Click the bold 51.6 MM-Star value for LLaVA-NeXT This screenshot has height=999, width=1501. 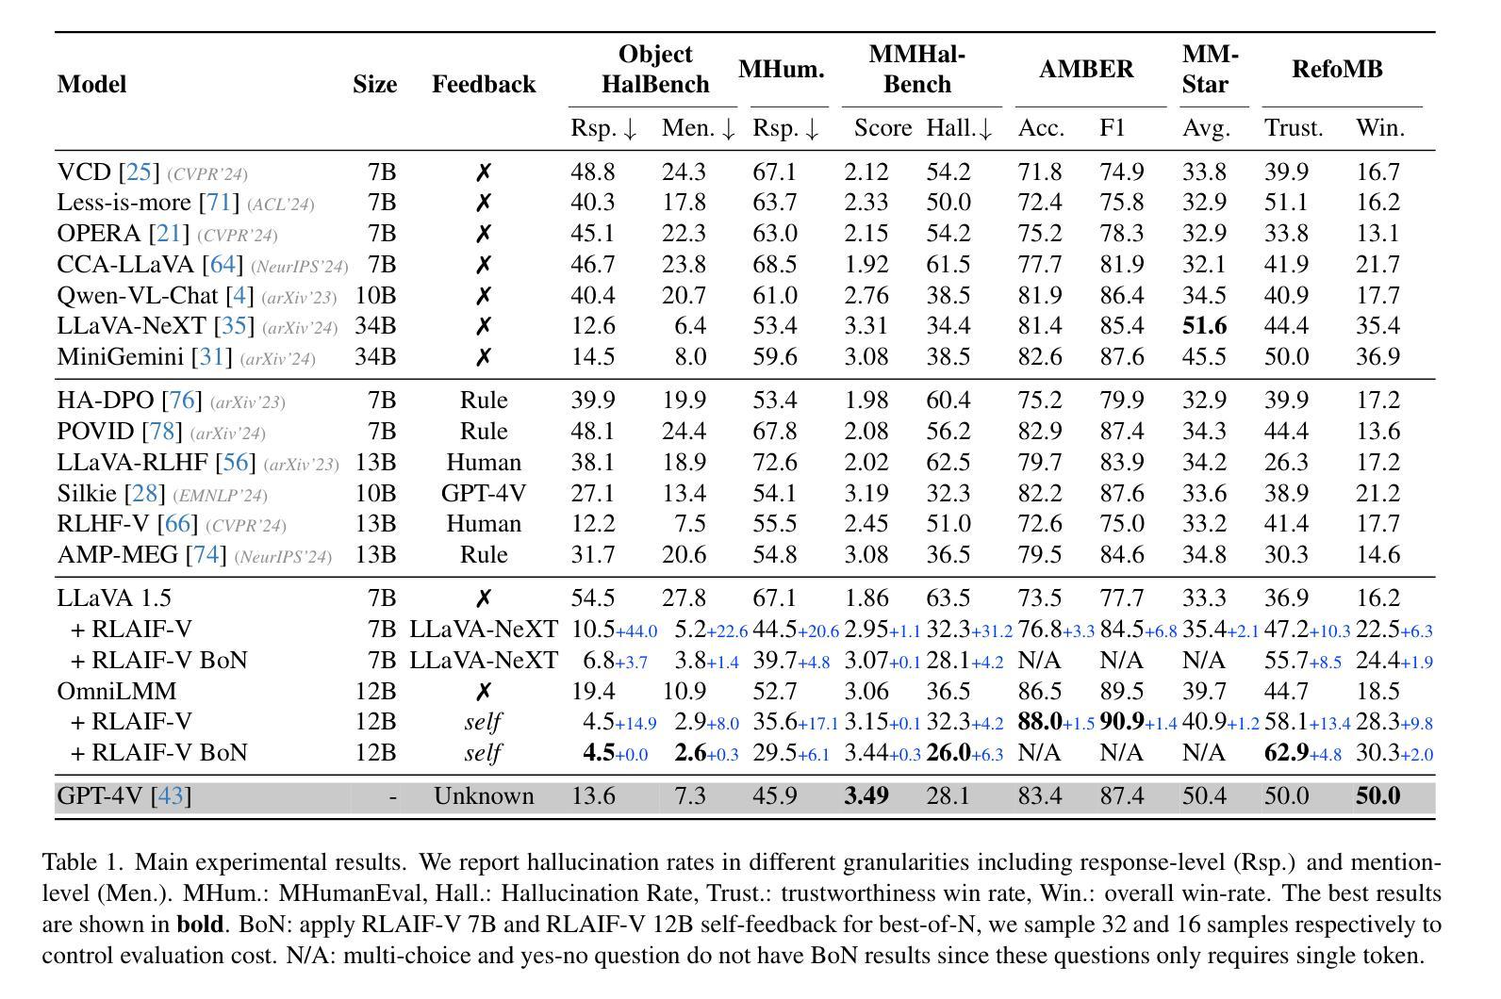tap(1204, 326)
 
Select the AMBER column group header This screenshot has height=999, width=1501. tap(1086, 69)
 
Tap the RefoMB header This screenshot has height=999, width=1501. tap(1337, 69)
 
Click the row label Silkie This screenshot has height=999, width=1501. tap(87, 494)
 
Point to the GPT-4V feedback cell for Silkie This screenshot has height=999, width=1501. tap(483, 494)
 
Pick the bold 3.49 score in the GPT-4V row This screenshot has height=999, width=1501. tap(866, 796)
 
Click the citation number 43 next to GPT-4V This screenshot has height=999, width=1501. tap(171, 796)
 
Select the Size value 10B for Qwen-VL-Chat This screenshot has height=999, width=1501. tap(374, 296)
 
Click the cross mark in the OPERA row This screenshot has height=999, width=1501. tap(483, 234)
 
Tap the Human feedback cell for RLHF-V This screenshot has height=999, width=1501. tap(483, 525)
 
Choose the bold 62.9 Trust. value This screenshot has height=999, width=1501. tap(1286, 753)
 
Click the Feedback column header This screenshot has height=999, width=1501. tap(483, 84)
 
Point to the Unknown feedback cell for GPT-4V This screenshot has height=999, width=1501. tap(483, 796)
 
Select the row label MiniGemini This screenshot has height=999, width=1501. tap(120, 357)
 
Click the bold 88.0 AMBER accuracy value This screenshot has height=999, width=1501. tap(1040, 722)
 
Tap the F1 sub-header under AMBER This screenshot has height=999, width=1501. tap(1113, 128)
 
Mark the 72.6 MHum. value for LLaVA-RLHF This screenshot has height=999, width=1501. tap(774, 463)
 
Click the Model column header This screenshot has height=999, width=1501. tap(91, 84)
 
